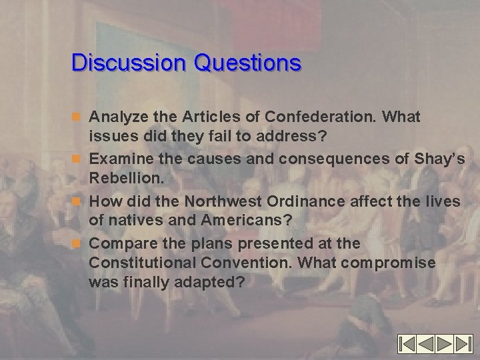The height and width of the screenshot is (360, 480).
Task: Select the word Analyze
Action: click(x=119, y=118)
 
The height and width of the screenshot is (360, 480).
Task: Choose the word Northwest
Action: click(x=213, y=201)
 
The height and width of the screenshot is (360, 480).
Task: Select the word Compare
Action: click(x=121, y=243)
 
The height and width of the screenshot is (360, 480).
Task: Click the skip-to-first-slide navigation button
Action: click(x=408, y=344)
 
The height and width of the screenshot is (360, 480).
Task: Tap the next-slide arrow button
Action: click(x=445, y=344)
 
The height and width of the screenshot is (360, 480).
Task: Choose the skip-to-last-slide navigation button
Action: click(x=463, y=344)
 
